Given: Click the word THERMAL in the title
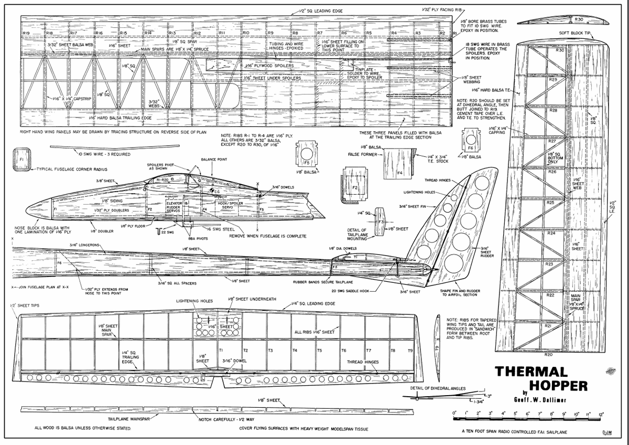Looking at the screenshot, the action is (532, 372).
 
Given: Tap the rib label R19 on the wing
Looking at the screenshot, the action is (26, 33).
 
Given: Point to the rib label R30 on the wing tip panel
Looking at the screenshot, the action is (559, 50).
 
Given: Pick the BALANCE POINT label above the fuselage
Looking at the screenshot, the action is (214, 160).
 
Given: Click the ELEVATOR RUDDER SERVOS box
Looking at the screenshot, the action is (173, 206).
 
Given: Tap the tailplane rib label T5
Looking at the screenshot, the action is (319, 350).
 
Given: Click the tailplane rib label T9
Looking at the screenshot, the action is (410, 350).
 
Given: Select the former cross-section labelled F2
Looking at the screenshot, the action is (355, 187).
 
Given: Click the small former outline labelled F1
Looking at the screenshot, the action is (21, 158).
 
